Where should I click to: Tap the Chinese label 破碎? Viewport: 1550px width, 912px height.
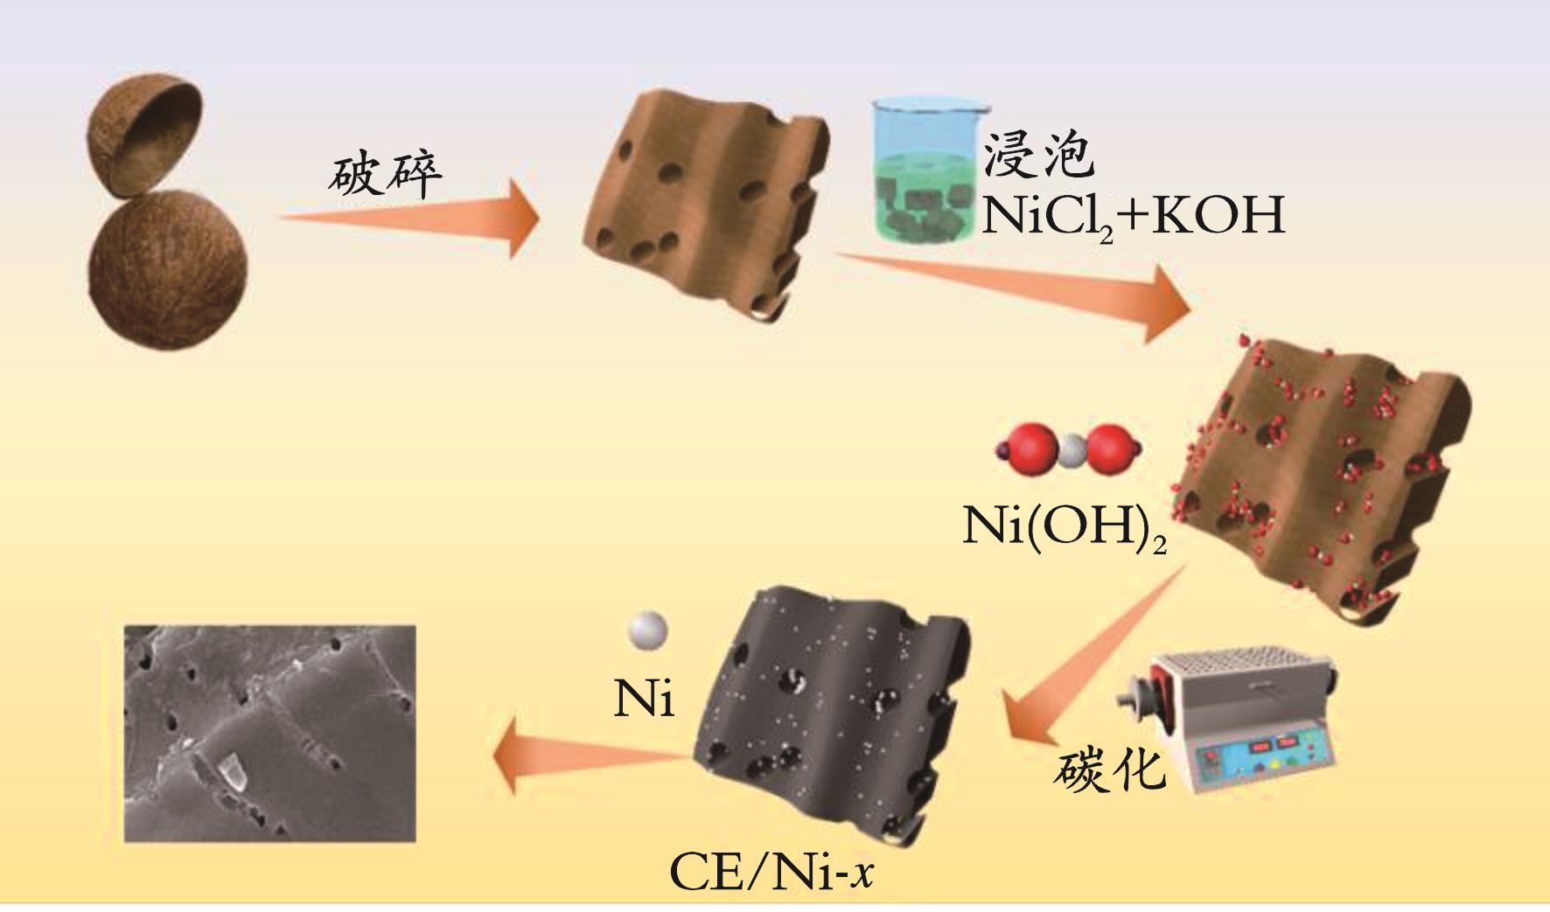(x=386, y=176)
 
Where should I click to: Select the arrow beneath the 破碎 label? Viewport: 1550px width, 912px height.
(x=411, y=218)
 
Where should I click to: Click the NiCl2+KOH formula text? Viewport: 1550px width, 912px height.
(x=1133, y=215)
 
